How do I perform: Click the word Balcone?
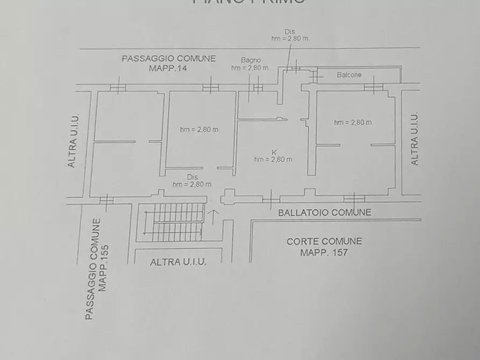point(349,75)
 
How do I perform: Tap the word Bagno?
point(250,60)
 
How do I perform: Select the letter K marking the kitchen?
point(274,152)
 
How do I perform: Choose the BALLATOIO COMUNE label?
point(324,212)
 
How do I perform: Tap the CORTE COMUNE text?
point(324,241)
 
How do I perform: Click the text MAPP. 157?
point(324,252)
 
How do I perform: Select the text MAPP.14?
point(168,68)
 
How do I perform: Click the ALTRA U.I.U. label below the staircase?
point(178,262)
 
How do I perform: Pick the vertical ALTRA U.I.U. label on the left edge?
point(73,140)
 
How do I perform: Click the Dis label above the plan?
point(290,31)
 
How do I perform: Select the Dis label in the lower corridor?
point(192,177)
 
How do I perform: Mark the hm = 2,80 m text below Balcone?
point(353,123)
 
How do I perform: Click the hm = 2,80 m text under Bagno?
point(250,68)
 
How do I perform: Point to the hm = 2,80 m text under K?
point(274,160)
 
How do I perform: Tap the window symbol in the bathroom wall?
point(257,87)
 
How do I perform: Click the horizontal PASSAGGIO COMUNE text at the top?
point(168,59)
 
